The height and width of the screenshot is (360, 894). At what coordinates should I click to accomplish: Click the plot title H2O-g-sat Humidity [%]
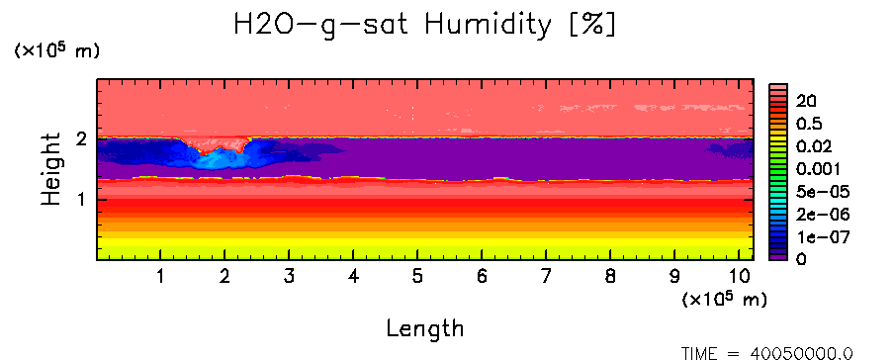tap(425, 25)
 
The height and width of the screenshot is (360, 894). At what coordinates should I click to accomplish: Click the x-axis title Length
tap(425, 328)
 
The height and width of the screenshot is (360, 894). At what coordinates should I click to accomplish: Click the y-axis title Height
tap(51, 169)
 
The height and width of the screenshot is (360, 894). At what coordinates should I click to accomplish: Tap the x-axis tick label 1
tap(161, 277)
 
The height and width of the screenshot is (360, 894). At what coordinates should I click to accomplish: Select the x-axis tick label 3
tap(290, 277)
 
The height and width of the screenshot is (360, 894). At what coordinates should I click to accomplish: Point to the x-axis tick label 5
tap(418, 277)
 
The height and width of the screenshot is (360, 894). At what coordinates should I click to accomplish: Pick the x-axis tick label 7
tap(546, 277)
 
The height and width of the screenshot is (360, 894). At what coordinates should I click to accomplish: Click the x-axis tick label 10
tap(739, 277)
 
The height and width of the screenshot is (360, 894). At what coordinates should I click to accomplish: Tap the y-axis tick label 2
tap(82, 138)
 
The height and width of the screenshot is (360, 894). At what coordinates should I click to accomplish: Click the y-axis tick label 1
tap(83, 200)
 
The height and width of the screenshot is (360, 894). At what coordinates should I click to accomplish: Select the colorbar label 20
tap(806, 101)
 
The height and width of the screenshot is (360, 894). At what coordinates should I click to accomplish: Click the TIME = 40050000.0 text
tap(766, 353)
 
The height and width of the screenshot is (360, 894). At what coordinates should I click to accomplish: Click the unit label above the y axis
tap(57, 50)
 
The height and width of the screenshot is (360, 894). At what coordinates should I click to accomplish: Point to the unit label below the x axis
tap(724, 299)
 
